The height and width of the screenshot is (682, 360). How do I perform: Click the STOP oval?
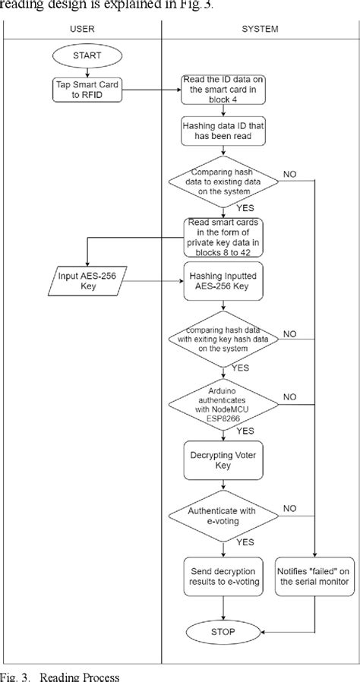pyautogui.click(x=222, y=631)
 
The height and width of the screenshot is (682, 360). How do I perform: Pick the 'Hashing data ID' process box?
pyautogui.click(x=222, y=132)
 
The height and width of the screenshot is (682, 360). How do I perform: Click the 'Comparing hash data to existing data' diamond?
pyautogui.click(x=222, y=182)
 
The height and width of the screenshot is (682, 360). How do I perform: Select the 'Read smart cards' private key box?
pyautogui.click(x=222, y=235)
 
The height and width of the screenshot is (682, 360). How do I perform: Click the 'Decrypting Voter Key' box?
pyautogui.click(x=222, y=461)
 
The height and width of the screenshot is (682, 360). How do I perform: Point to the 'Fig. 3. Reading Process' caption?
pyautogui.click(x=61, y=675)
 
